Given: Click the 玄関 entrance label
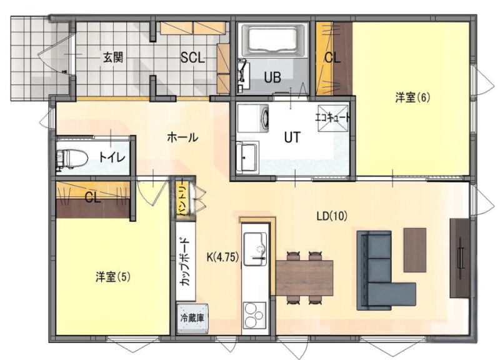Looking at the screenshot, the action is pos(113,57).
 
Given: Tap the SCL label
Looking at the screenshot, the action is pos(192,57).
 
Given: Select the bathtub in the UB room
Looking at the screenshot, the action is pos(273,40).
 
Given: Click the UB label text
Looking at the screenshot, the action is pos(272,77).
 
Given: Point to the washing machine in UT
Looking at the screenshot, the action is pos(252,118).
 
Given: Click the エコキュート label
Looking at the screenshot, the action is pos(332,118).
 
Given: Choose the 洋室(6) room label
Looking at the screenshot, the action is pos(412,97).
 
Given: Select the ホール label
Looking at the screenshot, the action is pos(182,137).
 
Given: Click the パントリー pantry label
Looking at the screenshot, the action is pos(183,198).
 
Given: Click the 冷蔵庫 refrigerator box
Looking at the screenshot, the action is pos(192,317).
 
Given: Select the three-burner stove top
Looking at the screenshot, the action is pos(255,316).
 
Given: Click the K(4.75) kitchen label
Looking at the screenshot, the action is pos(223,257).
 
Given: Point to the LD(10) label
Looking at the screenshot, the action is pos(332,216).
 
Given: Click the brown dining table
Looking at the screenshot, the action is pos(304,277).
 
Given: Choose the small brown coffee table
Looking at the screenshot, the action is pos(415,249).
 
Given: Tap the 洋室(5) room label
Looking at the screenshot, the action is pos(113,277).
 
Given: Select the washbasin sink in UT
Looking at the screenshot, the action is pos(247,157).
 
